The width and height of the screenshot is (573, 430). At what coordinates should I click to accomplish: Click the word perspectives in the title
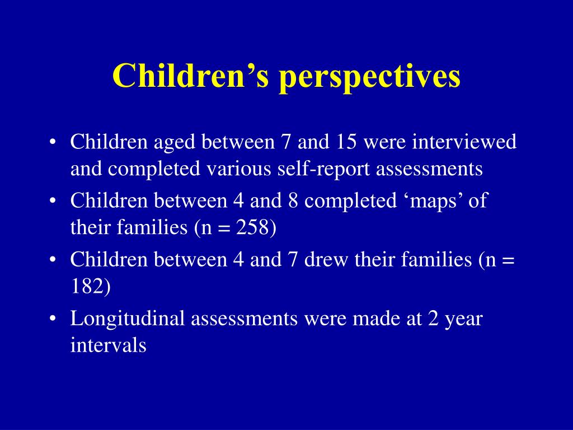[370, 77]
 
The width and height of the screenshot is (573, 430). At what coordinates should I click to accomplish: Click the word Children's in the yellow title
[190, 76]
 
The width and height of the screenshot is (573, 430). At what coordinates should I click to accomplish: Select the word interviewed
[464, 142]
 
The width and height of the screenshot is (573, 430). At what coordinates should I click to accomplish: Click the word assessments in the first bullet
[429, 169]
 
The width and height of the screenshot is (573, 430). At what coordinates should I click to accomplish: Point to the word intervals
[109, 345]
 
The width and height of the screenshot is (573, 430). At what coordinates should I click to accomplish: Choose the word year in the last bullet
[463, 319]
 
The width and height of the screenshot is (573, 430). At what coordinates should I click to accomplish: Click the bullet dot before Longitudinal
[53, 319]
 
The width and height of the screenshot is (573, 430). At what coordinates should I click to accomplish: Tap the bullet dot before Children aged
[53, 142]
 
